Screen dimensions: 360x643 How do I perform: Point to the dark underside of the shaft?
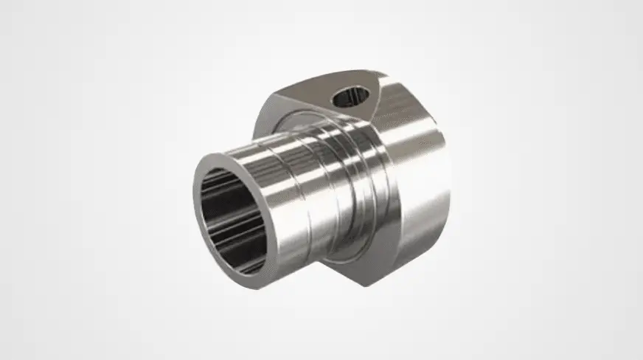pos(295,258)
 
